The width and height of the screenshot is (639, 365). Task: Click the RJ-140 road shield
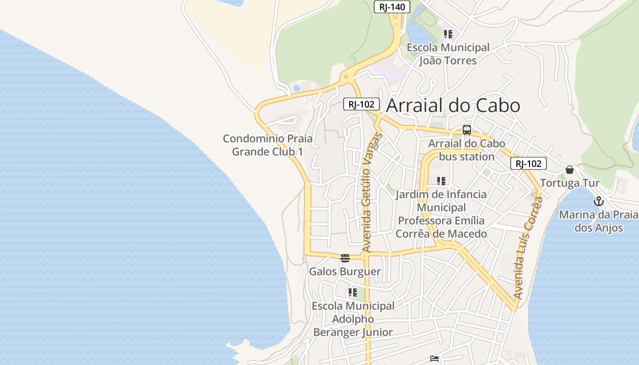[392, 7]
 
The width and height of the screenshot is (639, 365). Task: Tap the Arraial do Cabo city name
[453, 105]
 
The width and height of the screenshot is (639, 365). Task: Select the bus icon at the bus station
[467, 130]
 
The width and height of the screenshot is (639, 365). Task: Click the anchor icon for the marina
[598, 201]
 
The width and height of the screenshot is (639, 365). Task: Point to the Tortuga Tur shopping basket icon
[570, 170]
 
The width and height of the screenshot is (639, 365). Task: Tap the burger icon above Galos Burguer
[345, 258]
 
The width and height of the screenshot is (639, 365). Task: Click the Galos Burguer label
[345, 272]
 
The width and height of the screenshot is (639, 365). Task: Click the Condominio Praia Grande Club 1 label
[267, 145]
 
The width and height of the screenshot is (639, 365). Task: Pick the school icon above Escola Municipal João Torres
[448, 34]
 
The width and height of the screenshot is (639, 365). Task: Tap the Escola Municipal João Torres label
[448, 54]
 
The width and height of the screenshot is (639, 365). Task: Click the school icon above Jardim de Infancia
[441, 181]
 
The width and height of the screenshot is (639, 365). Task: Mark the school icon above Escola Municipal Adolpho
[352, 292]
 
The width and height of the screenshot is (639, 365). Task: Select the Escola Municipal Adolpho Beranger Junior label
[353, 319]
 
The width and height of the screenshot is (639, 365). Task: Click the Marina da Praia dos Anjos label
[598, 221]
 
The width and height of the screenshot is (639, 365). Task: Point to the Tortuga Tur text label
[570, 183]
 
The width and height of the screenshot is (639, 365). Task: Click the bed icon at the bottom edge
[435, 359]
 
